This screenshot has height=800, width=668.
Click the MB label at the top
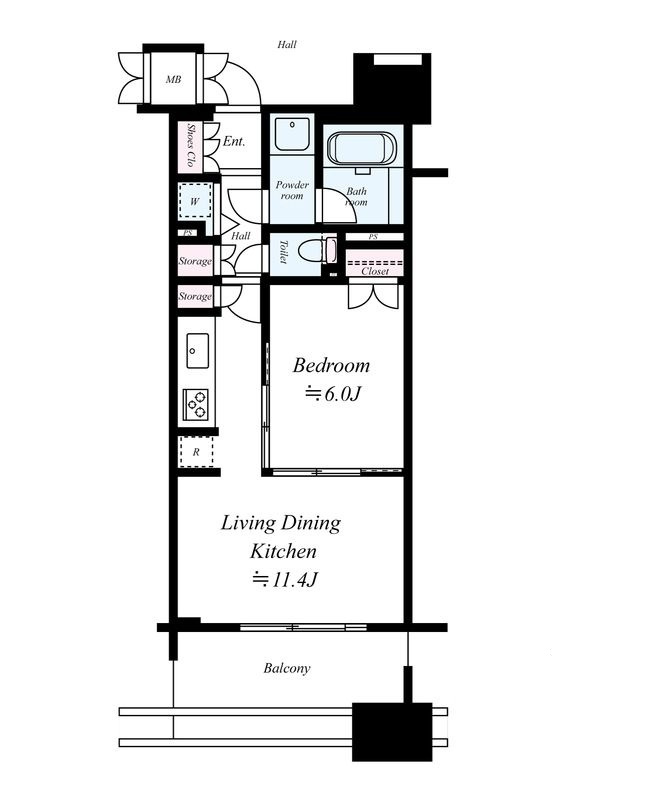pyautogui.click(x=174, y=80)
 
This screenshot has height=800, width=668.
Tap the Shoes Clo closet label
pyautogui.click(x=191, y=145)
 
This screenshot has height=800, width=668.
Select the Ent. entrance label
pyautogui.click(x=234, y=141)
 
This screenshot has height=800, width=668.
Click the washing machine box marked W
pyautogui.click(x=194, y=201)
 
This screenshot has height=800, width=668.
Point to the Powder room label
pyautogui.click(x=292, y=190)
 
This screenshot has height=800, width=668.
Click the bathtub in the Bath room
pyautogui.click(x=362, y=149)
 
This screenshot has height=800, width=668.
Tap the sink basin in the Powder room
pyautogui.click(x=292, y=134)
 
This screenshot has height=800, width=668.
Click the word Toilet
pyautogui.click(x=284, y=252)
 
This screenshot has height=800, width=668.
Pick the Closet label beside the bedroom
pyautogui.click(x=375, y=271)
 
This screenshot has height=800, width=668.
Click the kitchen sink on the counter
pyautogui.click(x=197, y=351)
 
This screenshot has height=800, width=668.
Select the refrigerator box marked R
pyautogui.click(x=196, y=452)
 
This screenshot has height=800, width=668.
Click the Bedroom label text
pyautogui.click(x=331, y=365)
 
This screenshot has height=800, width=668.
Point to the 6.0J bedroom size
pyautogui.click(x=333, y=394)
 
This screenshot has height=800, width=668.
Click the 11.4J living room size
pyautogui.click(x=286, y=580)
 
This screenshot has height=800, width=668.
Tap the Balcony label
pyautogui.click(x=287, y=668)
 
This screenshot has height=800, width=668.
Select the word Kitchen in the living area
pyautogui.click(x=283, y=551)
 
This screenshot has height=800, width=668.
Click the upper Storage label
pyautogui.click(x=195, y=261)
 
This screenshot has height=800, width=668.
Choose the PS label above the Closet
pyautogui.click(x=373, y=237)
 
